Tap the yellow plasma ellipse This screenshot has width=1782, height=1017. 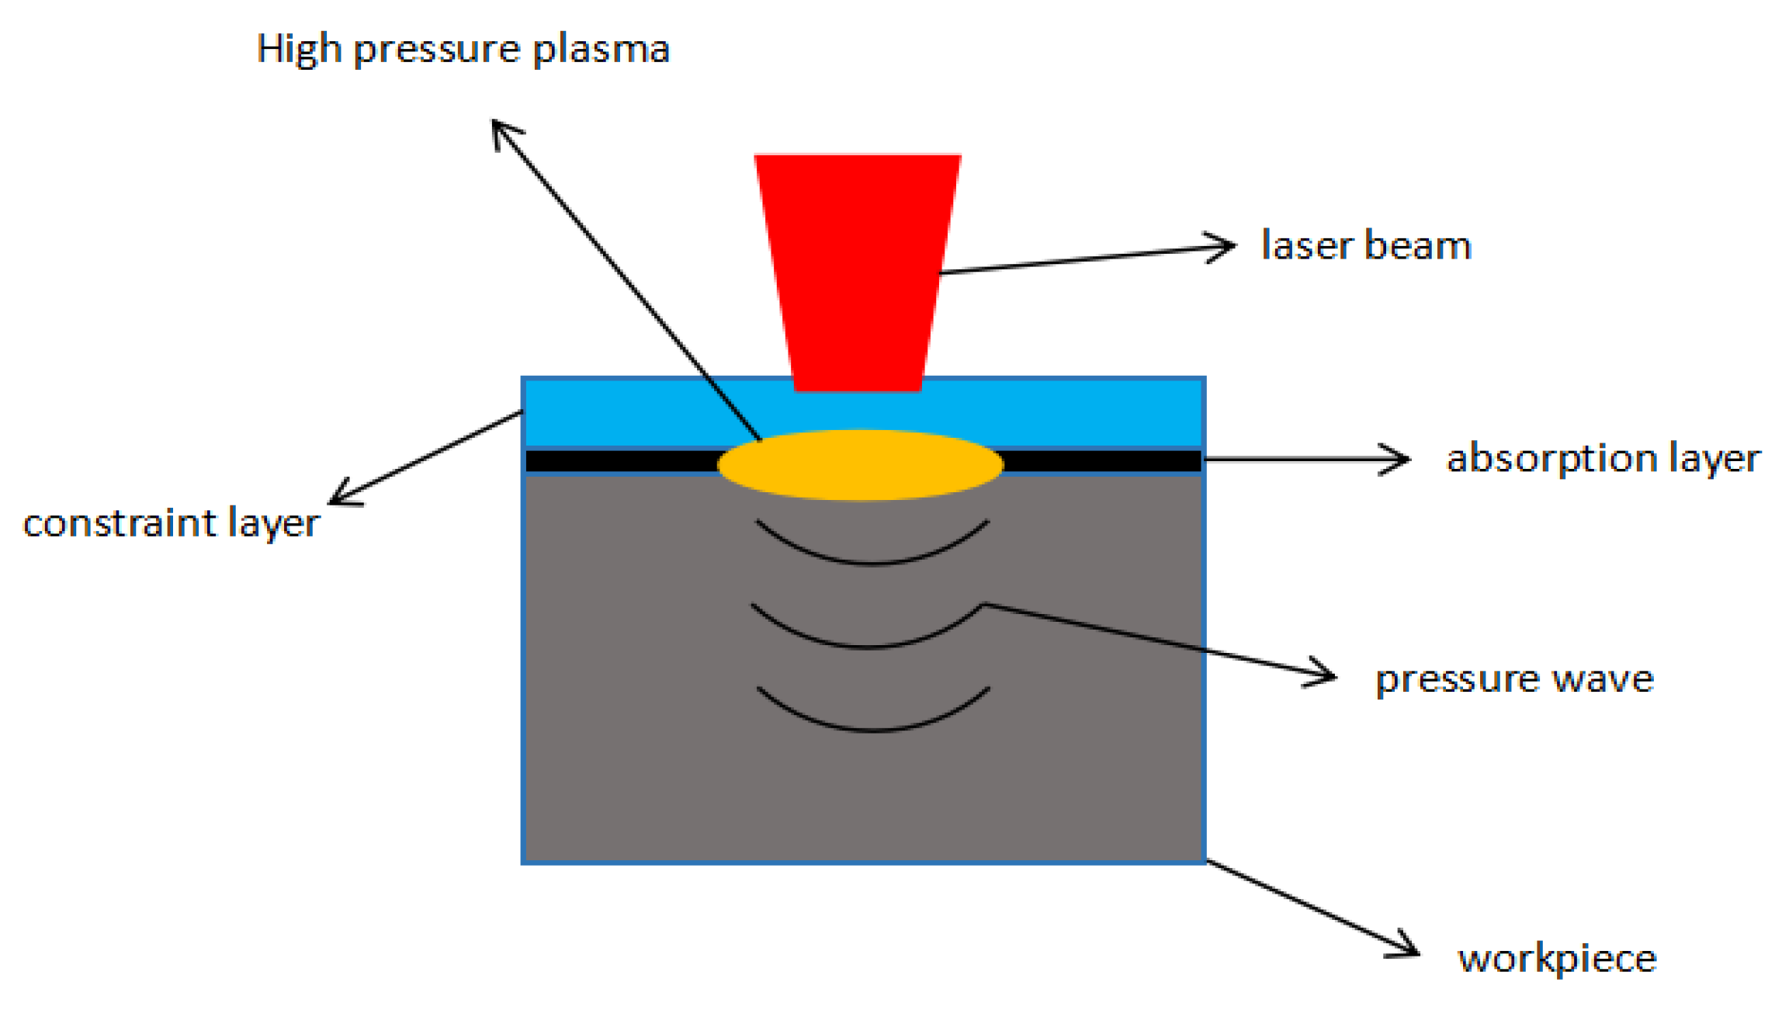[x=860, y=464]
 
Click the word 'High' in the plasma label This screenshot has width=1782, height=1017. [x=299, y=50]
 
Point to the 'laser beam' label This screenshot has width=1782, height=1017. [x=1366, y=245]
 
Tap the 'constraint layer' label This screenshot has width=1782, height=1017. [x=171, y=524]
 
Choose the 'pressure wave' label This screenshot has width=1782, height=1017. [x=1514, y=679]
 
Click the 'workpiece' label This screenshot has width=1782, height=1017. [x=1557, y=959]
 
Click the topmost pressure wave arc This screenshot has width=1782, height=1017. [x=872, y=561]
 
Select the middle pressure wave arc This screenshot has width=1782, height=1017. [x=867, y=644]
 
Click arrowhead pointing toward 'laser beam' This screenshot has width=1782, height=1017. [x=1226, y=247]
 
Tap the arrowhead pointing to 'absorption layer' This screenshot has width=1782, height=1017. [x=1401, y=459]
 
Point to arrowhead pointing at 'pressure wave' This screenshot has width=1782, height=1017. [x=1327, y=675]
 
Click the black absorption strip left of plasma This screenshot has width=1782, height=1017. [x=621, y=461]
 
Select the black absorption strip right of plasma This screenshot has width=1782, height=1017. [x=1102, y=461]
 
